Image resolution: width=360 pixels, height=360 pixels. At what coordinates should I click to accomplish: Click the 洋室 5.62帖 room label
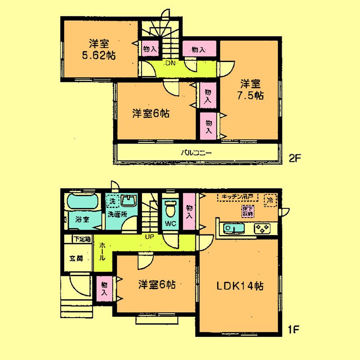[99, 50]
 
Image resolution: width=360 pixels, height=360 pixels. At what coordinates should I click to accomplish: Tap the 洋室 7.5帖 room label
[251, 90]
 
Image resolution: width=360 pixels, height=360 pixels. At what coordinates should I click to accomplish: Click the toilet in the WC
[170, 208]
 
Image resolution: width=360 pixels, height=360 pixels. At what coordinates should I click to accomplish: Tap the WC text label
[170, 223]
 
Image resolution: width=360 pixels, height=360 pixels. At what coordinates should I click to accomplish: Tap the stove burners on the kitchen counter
[262, 229]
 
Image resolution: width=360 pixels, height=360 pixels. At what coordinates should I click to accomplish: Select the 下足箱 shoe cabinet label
[82, 239]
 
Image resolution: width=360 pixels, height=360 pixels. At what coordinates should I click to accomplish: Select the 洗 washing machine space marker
[112, 202]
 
